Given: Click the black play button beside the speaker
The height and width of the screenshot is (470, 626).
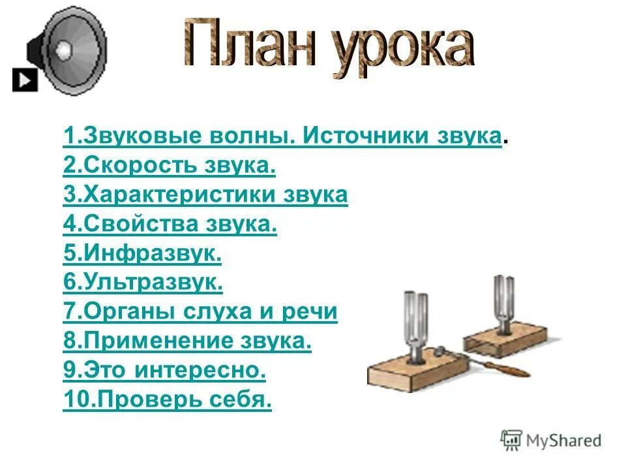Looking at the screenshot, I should click(25, 80).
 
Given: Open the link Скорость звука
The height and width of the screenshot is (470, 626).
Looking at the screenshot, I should click(170, 166).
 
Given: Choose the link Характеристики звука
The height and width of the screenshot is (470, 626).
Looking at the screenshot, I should click(205, 195).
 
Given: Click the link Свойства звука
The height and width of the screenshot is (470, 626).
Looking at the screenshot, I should click(170, 225).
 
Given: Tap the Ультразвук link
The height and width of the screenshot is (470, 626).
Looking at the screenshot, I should click(143, 283).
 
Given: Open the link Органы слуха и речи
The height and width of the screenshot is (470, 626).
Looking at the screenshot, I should click(200, 312).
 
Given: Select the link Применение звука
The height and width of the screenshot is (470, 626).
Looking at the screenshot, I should click(187, 341).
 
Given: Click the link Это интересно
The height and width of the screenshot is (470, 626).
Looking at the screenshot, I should click(165, 371).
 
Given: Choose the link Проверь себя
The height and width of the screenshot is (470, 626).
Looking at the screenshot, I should click(167, 400).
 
